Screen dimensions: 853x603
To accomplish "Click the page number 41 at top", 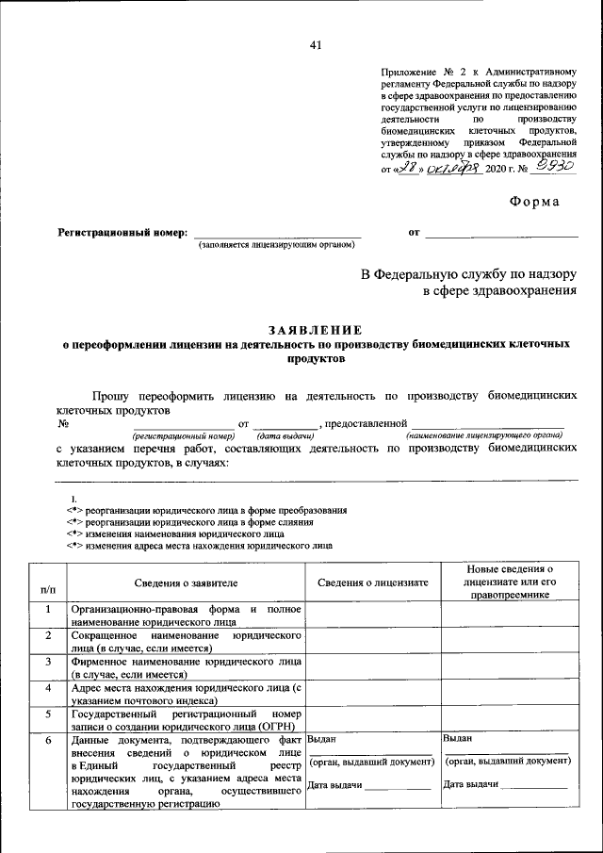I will coord(315,45).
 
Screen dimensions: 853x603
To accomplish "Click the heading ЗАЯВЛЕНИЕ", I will coord(315,330).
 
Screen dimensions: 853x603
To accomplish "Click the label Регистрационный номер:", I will coord(123,231).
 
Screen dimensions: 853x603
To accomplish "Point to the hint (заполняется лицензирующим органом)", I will coord(275,245).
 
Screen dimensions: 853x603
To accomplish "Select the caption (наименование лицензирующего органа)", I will coord(483,435).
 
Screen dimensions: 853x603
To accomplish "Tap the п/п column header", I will coord(47,588).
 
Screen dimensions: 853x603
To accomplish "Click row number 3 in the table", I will coord(47,662).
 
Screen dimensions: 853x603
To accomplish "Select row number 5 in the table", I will coord(47,714).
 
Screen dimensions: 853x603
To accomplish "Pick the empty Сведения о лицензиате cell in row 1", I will coord(372,615).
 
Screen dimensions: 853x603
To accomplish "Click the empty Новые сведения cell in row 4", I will coord(509,694).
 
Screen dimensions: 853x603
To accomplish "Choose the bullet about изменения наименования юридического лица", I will coord(187,533).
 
